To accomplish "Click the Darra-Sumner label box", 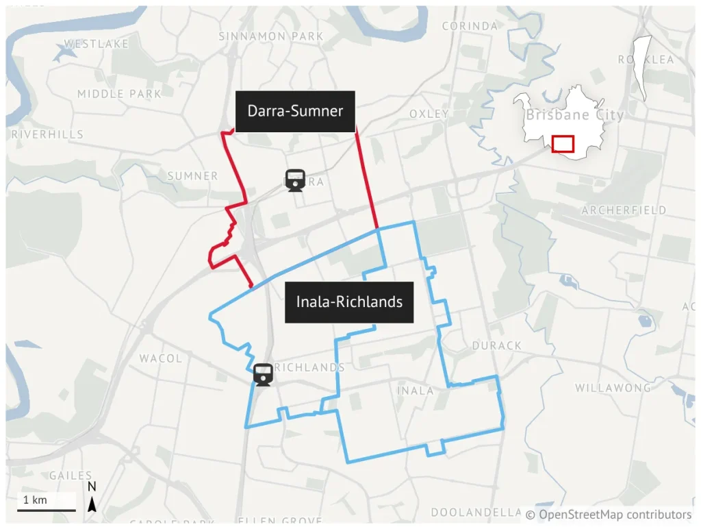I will [x=295, y=111].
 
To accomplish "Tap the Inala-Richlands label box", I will [x=349, y=302].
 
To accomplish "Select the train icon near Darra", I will [x=295, y=181].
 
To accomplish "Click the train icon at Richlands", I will [x=264, y=375].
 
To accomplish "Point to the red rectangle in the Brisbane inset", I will [x=563, y=144].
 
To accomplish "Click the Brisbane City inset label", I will [x=574, y=115].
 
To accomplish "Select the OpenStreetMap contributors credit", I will [x=609, y=514].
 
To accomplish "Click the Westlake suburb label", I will [x=97, y=44].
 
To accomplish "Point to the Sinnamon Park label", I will [x=271, y=36].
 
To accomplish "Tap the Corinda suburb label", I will [x=470, y=26].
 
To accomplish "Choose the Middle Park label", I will [x=119, y=93].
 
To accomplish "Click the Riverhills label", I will [x=47, y=134].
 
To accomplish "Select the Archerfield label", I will [x=624, y=210].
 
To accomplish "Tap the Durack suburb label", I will [x=497, y=346].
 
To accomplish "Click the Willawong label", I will [x=613, y=388].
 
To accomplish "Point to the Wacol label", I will [x=161, y=358].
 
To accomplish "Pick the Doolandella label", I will [x=476, y=513].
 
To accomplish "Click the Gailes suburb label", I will [x=71, y=476].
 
